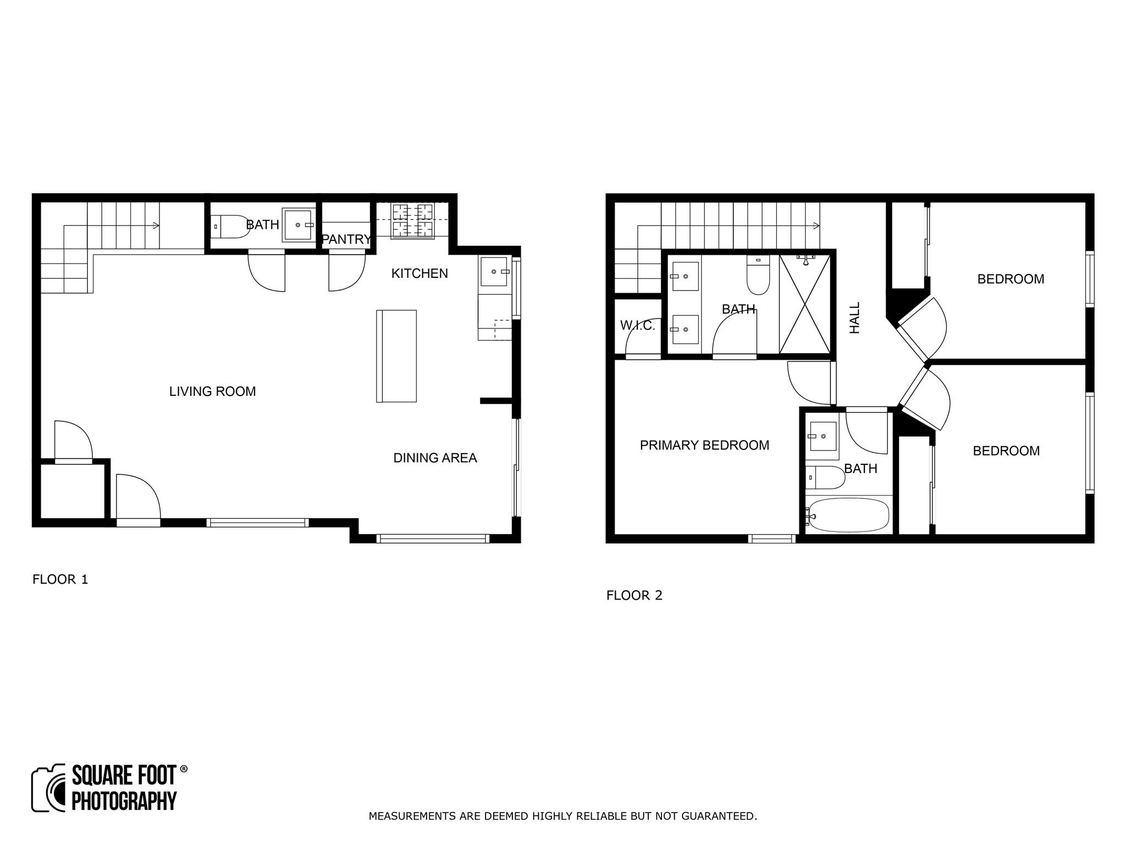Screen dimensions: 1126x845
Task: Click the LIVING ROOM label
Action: [x=212, y=392]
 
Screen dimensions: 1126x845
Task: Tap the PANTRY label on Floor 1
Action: [x=346, y=239]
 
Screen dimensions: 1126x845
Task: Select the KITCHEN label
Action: [x=420, y=273]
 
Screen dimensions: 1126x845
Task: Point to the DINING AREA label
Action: [x=435, y=458]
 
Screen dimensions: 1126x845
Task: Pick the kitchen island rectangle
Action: [x=396, y=356]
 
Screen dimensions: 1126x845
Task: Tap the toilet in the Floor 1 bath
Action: [x=231, y=227]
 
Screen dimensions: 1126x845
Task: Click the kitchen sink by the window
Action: [x=494, y=271]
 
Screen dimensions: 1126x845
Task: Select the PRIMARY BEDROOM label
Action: [x=704, y=445]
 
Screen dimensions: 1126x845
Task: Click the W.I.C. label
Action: [x=638, y=326]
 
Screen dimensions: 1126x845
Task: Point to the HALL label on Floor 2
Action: [x=854, y=317]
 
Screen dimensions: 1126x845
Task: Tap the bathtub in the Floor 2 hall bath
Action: [x=848, y=515]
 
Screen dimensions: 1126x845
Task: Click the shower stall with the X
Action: [x=805, y=304]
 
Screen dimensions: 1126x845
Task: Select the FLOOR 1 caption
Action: [x=60, y=579]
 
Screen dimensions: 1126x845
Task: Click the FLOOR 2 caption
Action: [x=634, y=595]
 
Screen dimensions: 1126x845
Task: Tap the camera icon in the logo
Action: [x=49, y=788]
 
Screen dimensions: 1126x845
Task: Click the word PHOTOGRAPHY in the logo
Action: [x=124, y=801]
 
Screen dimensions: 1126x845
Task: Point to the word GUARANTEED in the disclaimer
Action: [x=719, y=816]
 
